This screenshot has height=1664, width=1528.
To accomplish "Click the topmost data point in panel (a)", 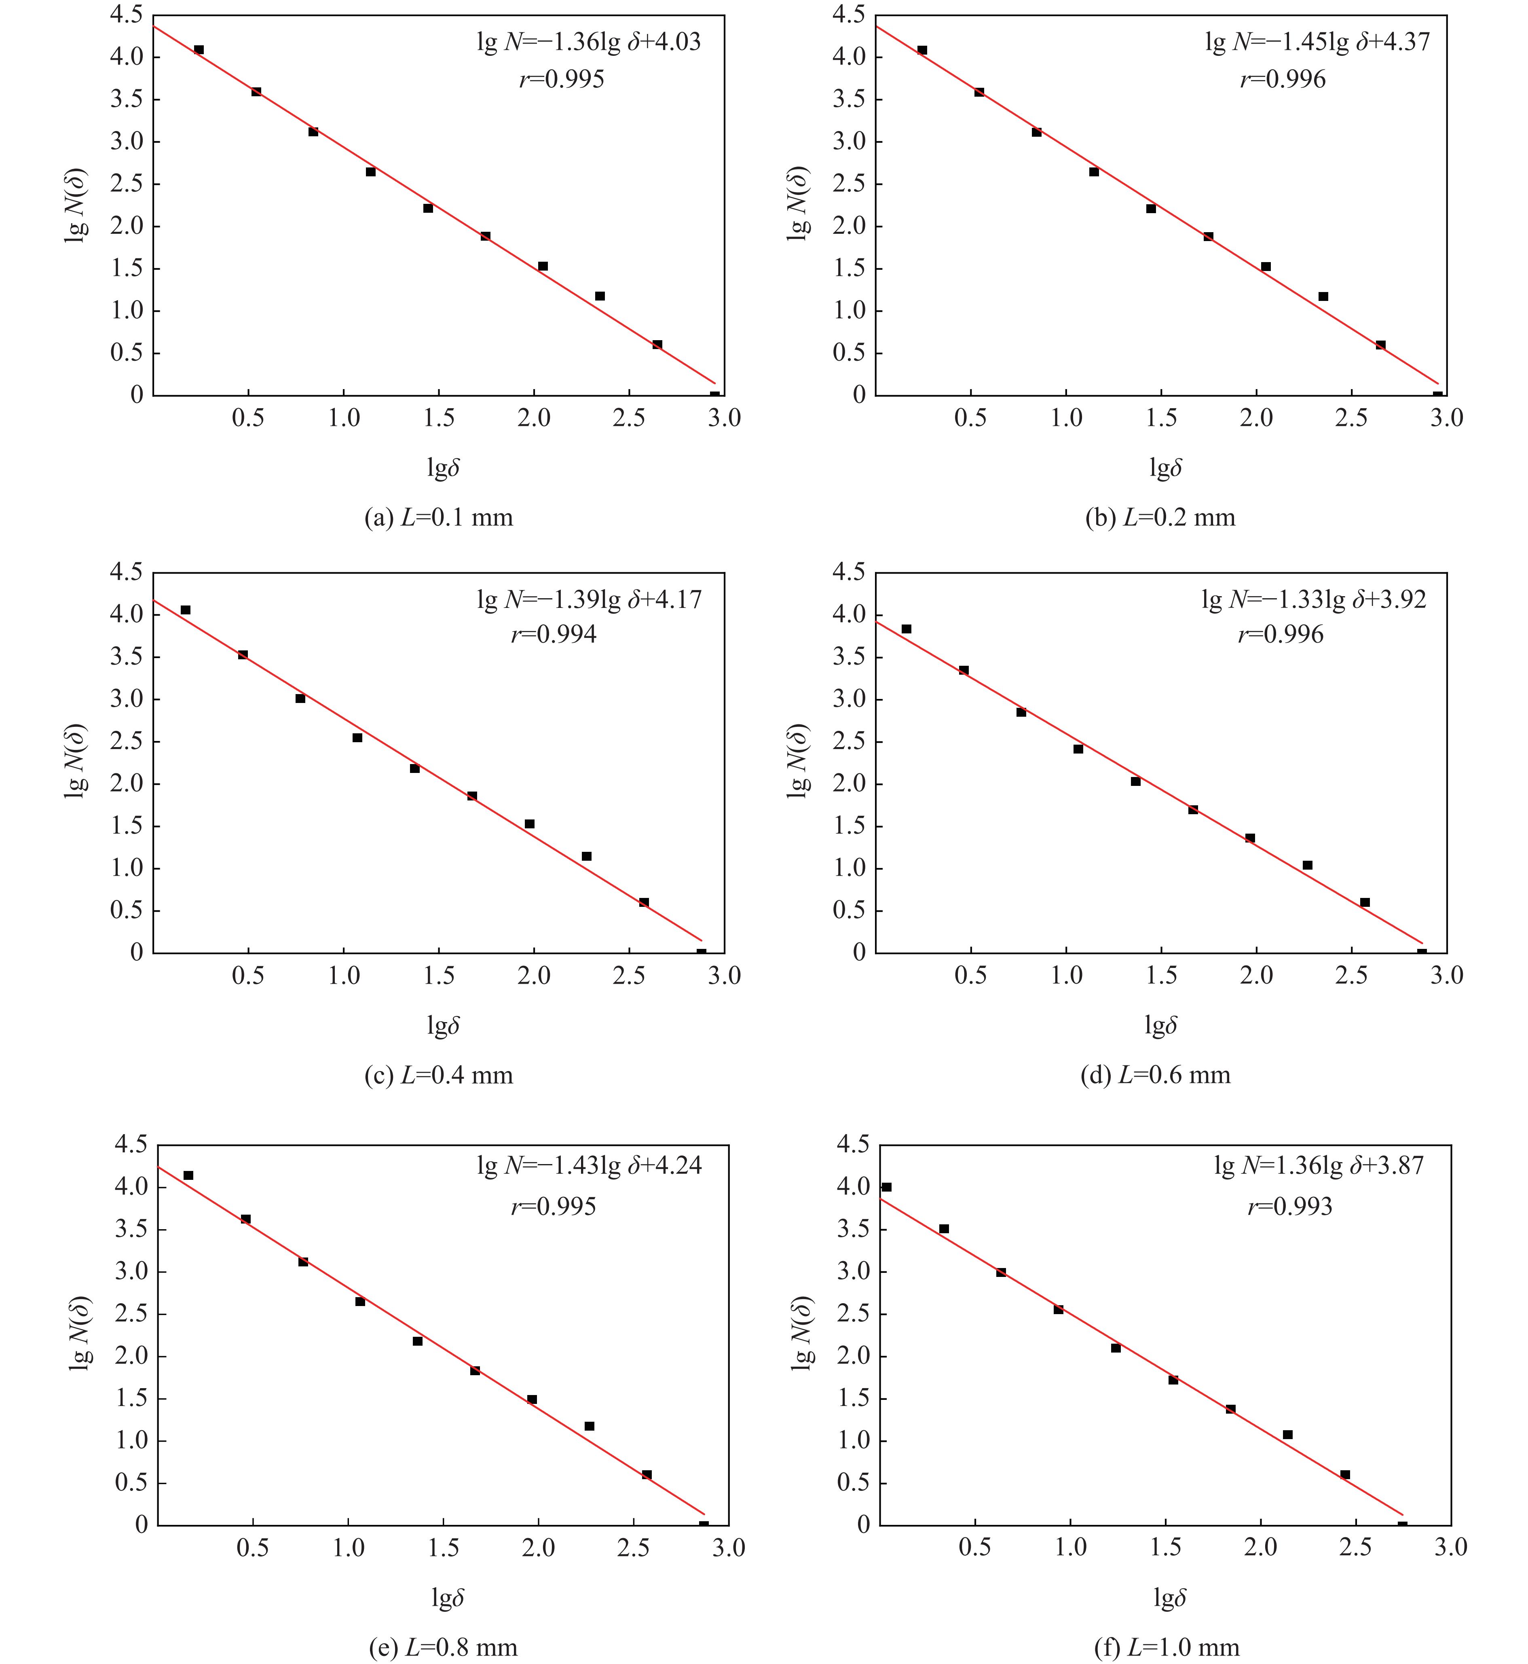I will point(199,50).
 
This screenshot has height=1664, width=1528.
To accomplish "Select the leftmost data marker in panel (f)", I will point(886,1187).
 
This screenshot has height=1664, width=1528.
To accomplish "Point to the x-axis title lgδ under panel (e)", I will point(447,1594).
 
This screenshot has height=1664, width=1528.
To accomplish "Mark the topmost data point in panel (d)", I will point(906,629).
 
